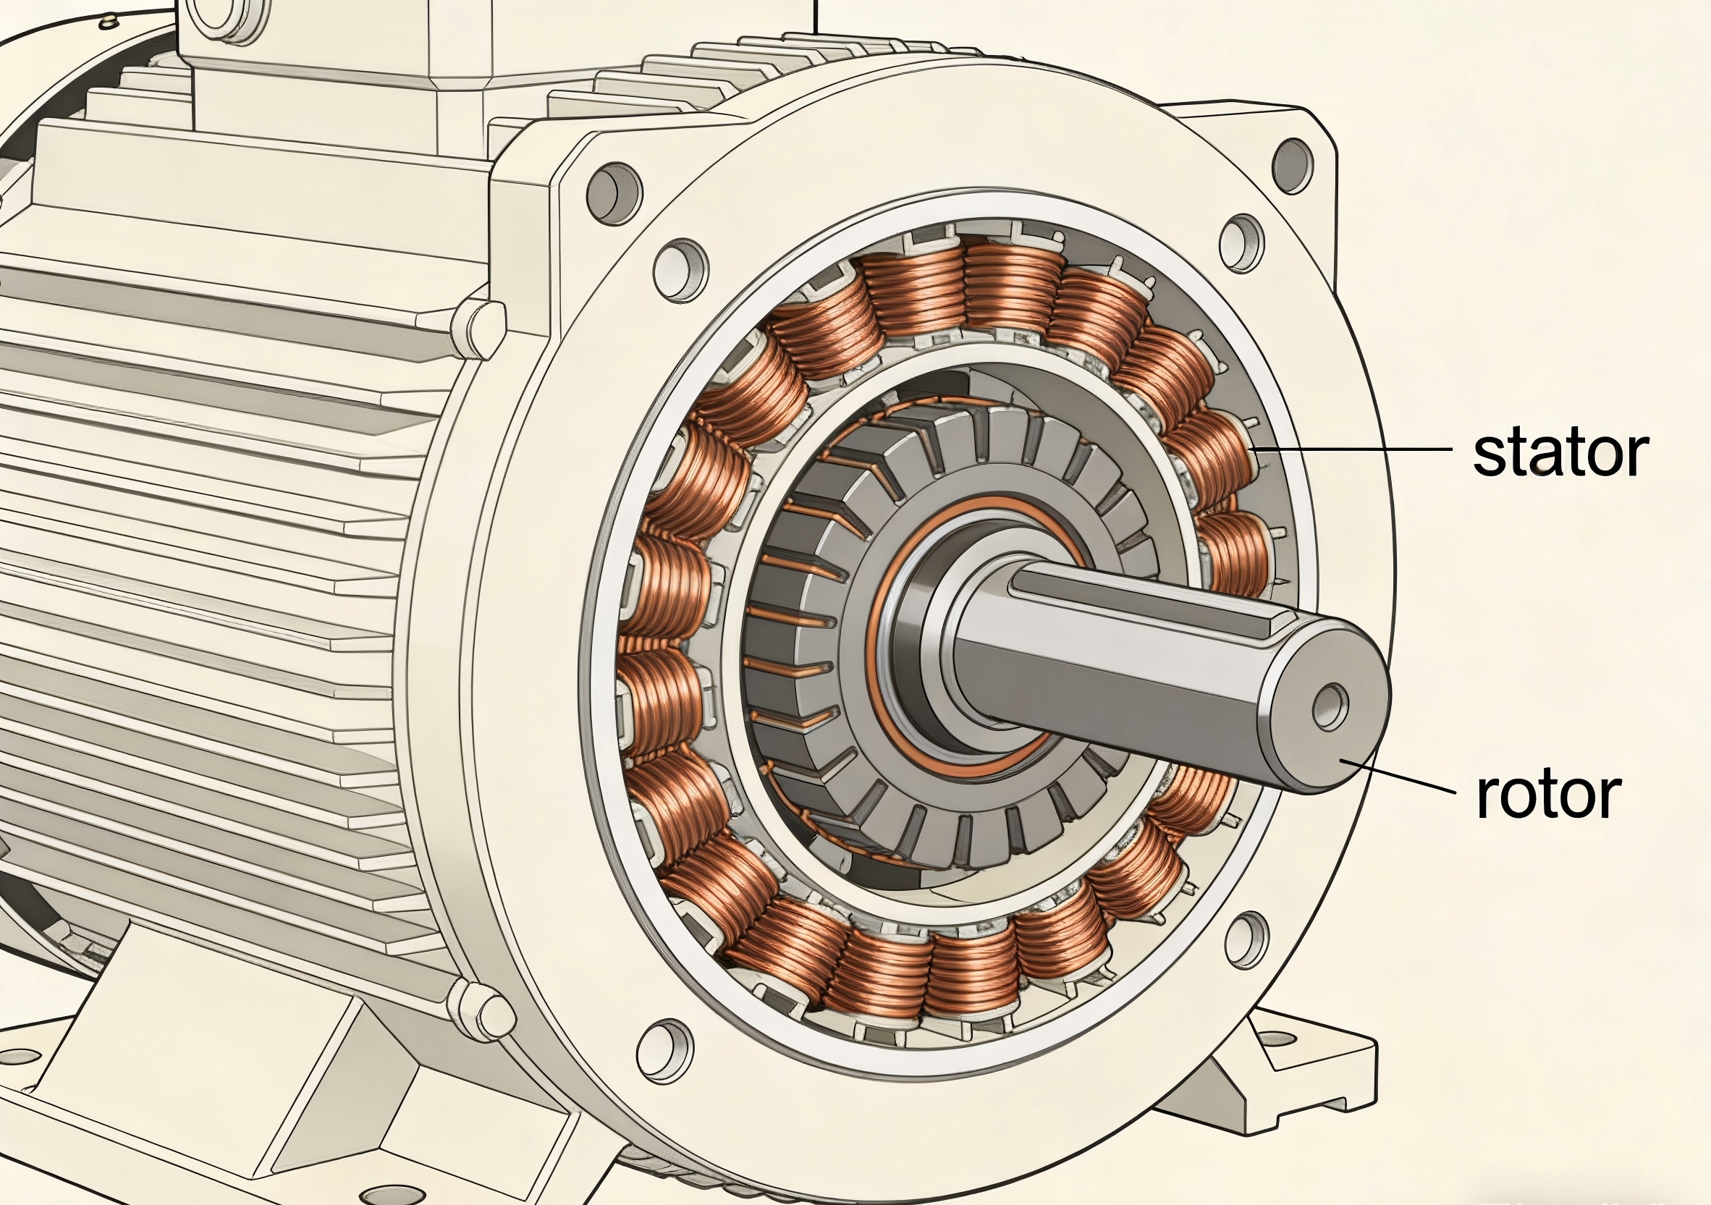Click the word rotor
tap(1549, 795)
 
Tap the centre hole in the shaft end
tap(1330, 705)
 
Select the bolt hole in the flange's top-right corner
tap(1292, 165)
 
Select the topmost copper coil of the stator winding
tap(1012, 287)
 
